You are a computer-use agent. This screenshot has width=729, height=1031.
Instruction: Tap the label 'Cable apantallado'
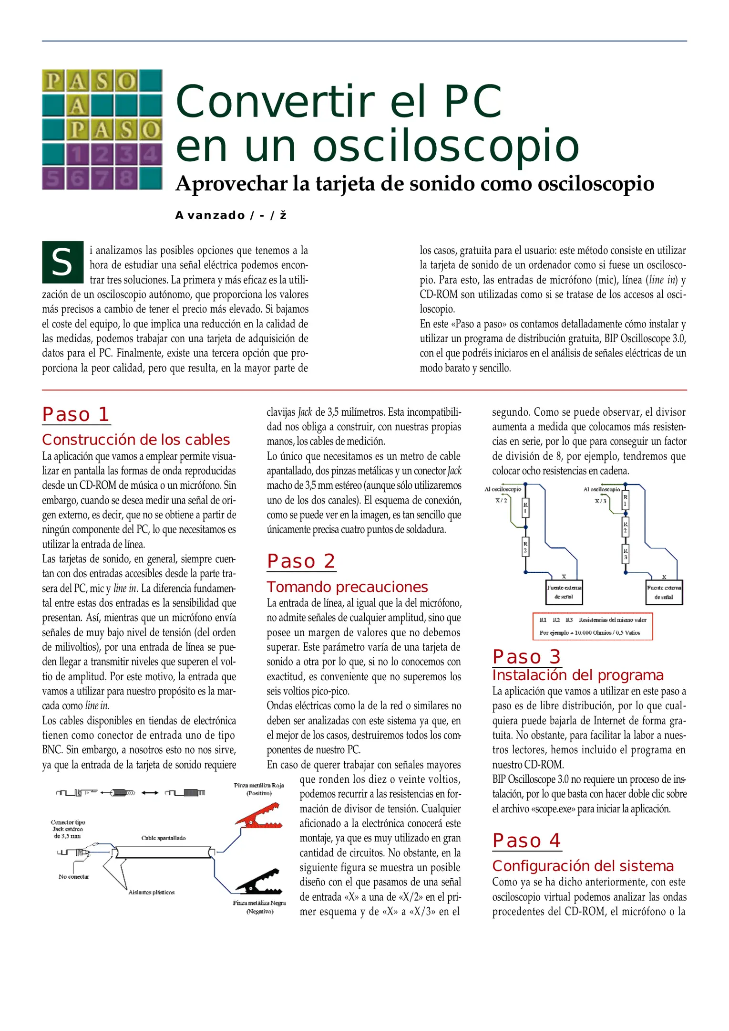click(x=164, y=838)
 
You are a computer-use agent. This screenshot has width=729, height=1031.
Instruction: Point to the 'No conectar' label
click(x=74, y=876)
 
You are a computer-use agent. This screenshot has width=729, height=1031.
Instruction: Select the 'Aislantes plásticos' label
click(x=152, y=892)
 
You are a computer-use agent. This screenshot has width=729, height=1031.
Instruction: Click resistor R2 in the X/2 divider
click(x=525, y=547)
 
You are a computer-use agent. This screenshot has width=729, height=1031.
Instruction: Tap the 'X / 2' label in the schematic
click(x=501, y=500)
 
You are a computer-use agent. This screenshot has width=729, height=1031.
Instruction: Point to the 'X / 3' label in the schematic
click(x=600, y=501)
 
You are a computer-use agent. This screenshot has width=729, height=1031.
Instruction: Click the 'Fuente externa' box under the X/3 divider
click(x=664, y=592)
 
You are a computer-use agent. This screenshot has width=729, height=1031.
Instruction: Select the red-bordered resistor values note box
click(x=592, y=626)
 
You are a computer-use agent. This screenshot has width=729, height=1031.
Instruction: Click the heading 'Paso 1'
click(x=76, y=414)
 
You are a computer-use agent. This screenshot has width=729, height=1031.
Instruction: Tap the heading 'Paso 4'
click(x=526, y=841)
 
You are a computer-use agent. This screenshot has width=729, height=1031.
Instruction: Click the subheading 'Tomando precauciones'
click(x=347, y=587)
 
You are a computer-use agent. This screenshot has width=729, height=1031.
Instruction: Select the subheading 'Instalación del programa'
click(x=577, y=675)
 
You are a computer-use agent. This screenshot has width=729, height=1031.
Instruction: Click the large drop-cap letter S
click(x=62, y=263)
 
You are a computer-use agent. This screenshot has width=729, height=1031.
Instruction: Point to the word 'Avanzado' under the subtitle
click(x=210, y=215)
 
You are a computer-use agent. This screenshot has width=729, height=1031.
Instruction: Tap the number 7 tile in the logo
click(x=102, y=179)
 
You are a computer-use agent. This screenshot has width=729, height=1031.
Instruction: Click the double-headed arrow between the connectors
click(x=150, y=793)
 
